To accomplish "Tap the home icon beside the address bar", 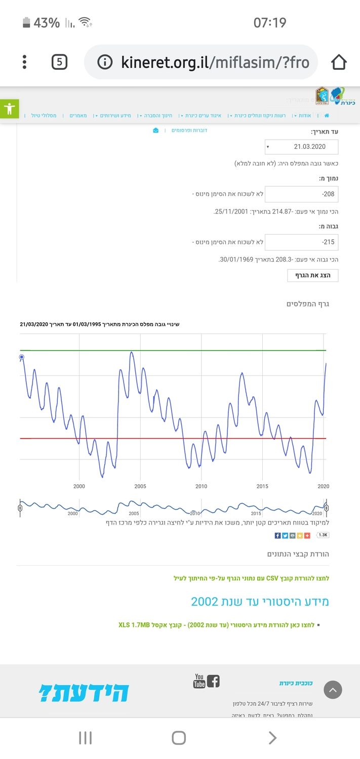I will click(x=339, y=62).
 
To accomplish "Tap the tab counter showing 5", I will click(x=59, y=62).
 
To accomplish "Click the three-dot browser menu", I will click(x=24, y=62).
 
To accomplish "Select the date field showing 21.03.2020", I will click(x=302, y=147).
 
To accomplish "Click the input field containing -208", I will click(x=302, y=194).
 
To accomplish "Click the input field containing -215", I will click(x=302, y=242).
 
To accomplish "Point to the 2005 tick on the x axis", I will click(x=140, y=486).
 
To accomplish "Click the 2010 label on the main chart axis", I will click(x=201, y=486).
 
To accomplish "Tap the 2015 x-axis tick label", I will click(x=262, y=486).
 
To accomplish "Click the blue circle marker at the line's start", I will click(x=22, y=357).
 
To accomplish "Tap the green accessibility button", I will click(x=9, y=109).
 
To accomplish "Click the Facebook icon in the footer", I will click(x=213, y=681).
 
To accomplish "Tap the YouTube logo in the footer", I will click(x=199, y=681).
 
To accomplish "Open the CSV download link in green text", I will click(x=251, y=578).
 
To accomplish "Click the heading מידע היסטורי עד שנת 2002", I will click(x=260, y=602).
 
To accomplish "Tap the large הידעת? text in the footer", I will click(x=84, y=693).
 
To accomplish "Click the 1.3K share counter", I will click(x=323, y=535).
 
